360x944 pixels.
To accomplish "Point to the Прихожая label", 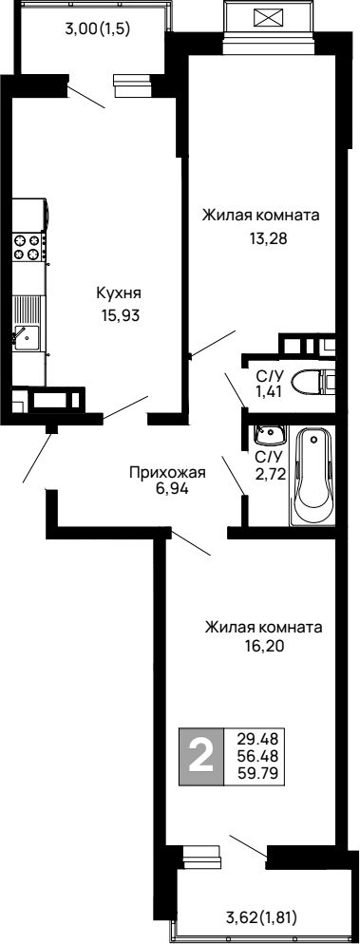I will coord(169,470).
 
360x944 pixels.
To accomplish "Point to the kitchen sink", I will coord(26,335).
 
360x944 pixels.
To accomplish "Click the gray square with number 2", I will coord(200,757).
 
